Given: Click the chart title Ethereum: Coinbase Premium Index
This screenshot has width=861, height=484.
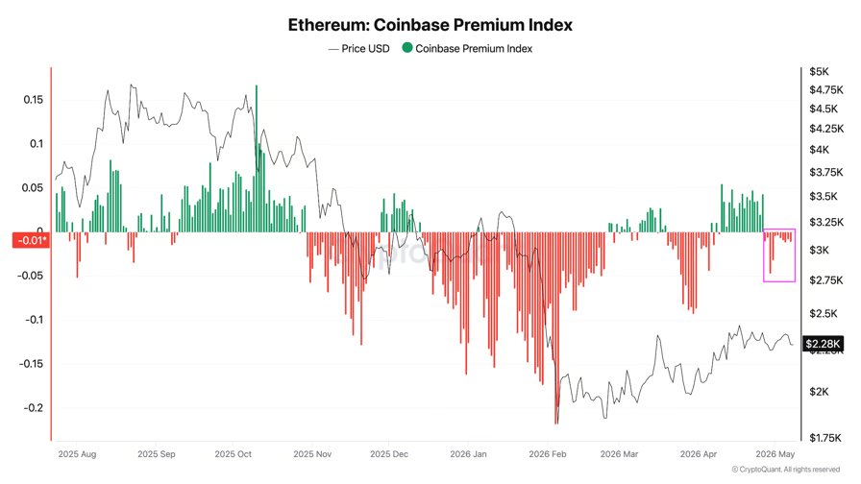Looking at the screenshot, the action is coord(430,25).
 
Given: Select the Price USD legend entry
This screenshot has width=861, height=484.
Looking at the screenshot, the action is coord(359,48).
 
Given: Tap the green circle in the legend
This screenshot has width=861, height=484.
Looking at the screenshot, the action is coord(406,48).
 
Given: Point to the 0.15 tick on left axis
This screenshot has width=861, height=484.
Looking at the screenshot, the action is coord(33,99).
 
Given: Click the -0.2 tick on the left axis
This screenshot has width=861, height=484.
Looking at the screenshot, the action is coord(33,408).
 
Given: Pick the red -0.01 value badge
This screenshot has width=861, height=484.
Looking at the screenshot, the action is coord(31,240).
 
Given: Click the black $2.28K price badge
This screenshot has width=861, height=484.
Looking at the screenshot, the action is coord(823,344).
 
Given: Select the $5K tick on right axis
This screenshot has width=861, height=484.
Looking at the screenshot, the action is coord(819,71).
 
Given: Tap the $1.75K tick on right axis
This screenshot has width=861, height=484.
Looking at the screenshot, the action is coord(824,438).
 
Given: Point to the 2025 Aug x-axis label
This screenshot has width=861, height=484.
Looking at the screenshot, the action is coord(77,454).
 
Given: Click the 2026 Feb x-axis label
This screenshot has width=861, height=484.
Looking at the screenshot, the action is coord(548,454).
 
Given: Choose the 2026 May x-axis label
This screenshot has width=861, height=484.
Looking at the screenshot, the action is coord(775,454).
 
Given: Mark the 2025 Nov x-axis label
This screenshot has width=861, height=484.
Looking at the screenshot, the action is coord(312,454).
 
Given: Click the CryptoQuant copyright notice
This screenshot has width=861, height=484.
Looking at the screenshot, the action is coord(786,470).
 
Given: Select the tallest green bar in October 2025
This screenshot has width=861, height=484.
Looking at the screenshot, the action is coord(257,158).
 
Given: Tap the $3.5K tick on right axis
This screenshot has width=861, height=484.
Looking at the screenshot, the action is coord(824,196).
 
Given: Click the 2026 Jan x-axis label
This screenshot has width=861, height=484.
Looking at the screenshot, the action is coord(468,454).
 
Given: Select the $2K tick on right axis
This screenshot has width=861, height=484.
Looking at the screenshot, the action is coord(819,391).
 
